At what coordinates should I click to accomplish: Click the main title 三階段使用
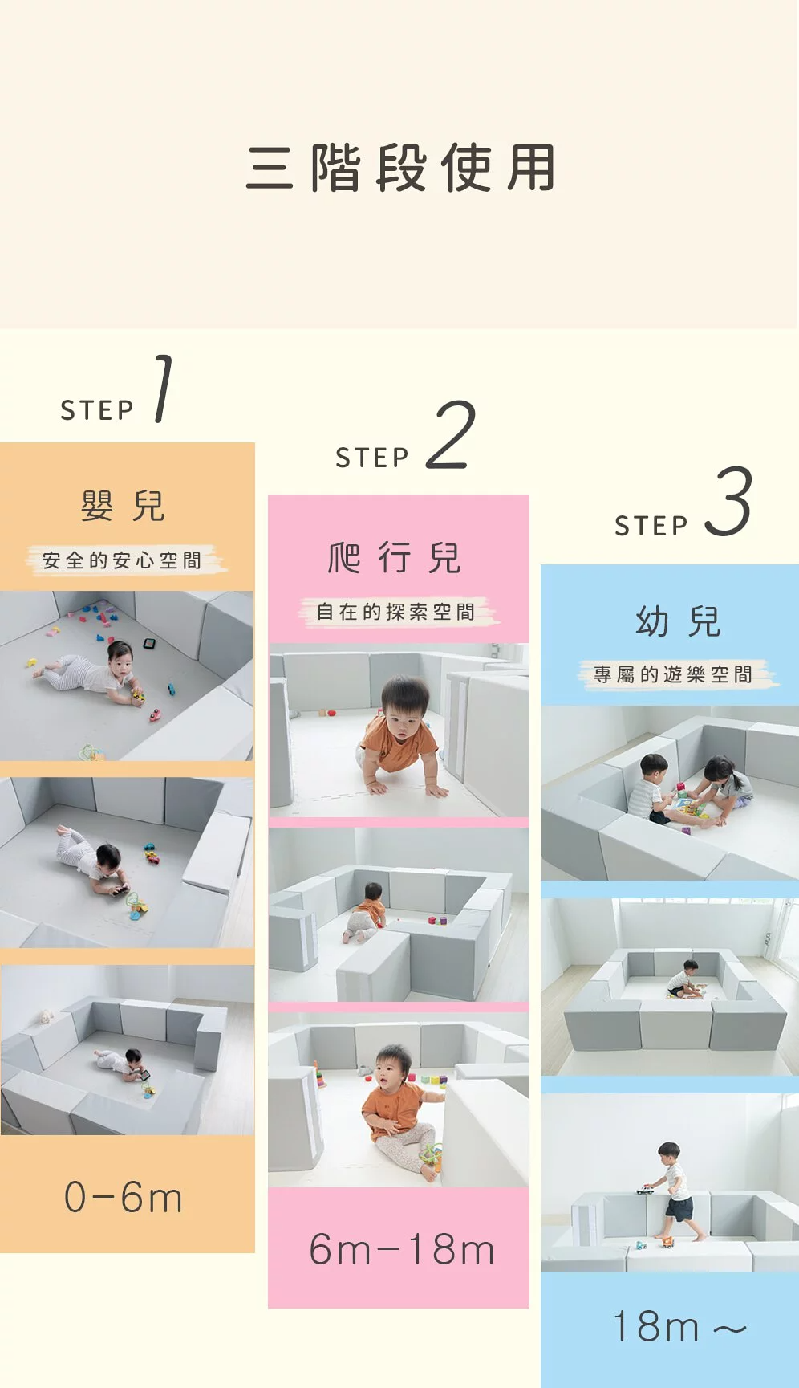[400, 168]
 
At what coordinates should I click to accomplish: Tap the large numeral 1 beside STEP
[163, 389]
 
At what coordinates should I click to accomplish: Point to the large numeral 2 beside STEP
[451, 435]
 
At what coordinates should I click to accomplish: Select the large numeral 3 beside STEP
[728, 502]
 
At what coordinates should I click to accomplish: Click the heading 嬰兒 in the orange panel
[123, 506]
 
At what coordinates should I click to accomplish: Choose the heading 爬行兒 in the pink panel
[395, 558]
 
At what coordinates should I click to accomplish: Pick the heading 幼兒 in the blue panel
[678, 621]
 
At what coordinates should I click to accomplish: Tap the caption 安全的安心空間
[122, 560]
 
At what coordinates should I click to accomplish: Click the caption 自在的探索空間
[396, 612]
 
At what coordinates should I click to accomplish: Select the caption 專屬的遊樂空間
[674, 674]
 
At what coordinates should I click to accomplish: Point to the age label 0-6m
[124, 1198]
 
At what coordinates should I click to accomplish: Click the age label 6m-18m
[401, 1250]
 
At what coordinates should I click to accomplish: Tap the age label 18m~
[679, 1326]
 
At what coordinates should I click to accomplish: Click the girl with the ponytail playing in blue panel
[724, 783]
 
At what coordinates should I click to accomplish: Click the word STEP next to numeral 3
[651, 526]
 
